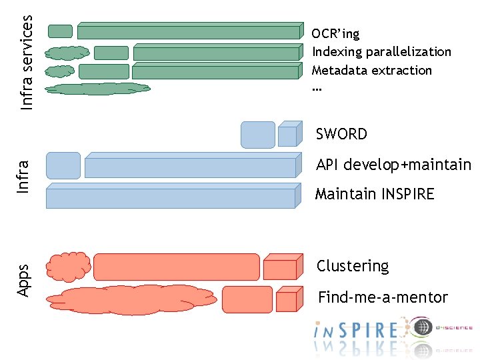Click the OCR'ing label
[x=335, y=34]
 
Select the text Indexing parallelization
[x=381, y=52]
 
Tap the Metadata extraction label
[x=372, y=70]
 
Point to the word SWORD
[x=341, y=134]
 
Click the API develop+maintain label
[x=393, y=165]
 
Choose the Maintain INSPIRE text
[x=375, y=194]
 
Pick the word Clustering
[x=352, y=266]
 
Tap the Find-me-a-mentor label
[x=383, y=297]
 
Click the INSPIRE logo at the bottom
[x=357, y=330]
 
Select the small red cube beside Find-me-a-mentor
[x=287, y=300]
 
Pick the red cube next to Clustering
[x=281, y=267]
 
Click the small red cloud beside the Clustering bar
[x=69, y=265]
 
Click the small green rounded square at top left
[x=61, y=31]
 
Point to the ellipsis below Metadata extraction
[x=316, y=88]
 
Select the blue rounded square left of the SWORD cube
[x=257, y=135]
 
